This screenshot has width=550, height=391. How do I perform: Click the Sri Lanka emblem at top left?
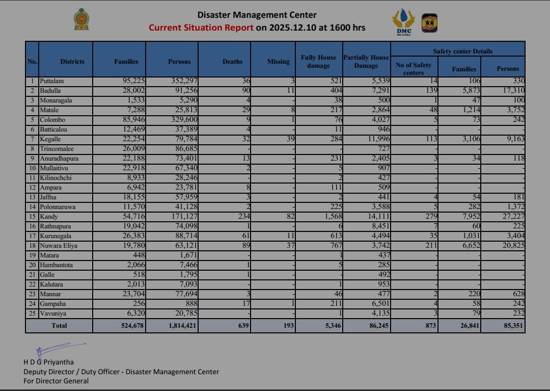pos(81,19)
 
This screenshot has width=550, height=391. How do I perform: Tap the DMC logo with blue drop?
pos(403,22)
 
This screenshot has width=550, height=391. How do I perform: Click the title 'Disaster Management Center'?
pos(257,15)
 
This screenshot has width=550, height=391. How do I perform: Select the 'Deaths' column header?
pos(232,61)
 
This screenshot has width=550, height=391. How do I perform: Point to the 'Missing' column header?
pos(278,61)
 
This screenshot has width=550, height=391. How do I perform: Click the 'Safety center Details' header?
pos(462,51)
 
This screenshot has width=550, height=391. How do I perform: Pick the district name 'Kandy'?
pos(49,217)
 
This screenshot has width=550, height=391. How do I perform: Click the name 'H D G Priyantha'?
pos(48,362)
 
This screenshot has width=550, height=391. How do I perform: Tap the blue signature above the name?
pos(56,349)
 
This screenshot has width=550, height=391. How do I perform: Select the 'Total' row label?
pos(59,325)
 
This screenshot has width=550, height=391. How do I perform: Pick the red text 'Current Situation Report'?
pos(201,28)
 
